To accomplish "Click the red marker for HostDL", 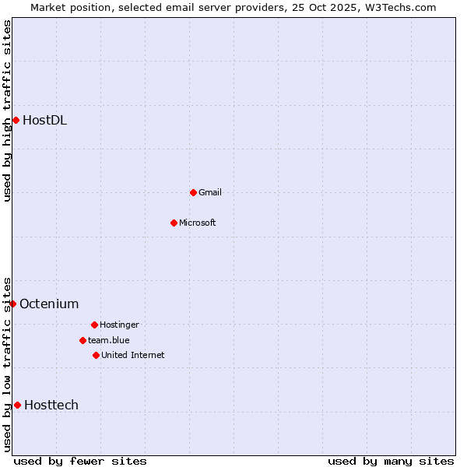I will tap(16, 120).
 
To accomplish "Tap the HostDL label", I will tap(44, 120).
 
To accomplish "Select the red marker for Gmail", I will tap(193, 192).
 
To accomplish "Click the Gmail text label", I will tap(210, 192).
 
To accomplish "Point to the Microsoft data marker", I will tap(174, 223).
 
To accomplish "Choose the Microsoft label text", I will tap(197, 223).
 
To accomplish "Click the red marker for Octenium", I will tap(12, 304).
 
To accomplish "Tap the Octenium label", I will tap(49, 304).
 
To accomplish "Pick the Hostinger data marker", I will tap(94, 325).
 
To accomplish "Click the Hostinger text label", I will tap(119, 325).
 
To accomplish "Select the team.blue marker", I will tap(83, 340).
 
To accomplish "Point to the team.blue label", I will tap(108, 340).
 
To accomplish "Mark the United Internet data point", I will tap(96, 355).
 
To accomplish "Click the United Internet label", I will tap(132, 355).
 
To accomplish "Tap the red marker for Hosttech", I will tap(17, 405).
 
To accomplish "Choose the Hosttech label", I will tap(51, 405).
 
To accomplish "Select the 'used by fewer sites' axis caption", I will tap(80, 461).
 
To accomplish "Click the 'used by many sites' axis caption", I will tap(391, 461).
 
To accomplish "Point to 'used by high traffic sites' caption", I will tap(7, 111).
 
